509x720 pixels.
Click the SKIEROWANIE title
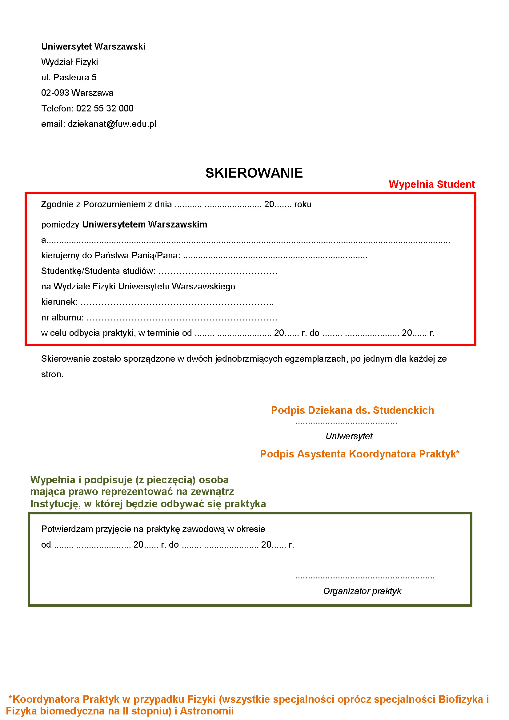[254, 173]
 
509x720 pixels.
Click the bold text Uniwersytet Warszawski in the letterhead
[93, 46]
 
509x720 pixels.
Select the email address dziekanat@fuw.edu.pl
[112, 124]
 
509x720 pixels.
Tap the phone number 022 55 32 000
[105, 108]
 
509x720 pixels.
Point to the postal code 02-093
[55, 93]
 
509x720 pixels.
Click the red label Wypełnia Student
[431, 184]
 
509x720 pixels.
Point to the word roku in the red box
[303, 204]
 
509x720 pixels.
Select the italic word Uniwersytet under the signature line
[349, 436]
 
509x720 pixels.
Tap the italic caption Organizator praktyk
[362, 591]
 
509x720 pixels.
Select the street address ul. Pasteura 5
[69, 77]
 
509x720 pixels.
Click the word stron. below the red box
[52, 374]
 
